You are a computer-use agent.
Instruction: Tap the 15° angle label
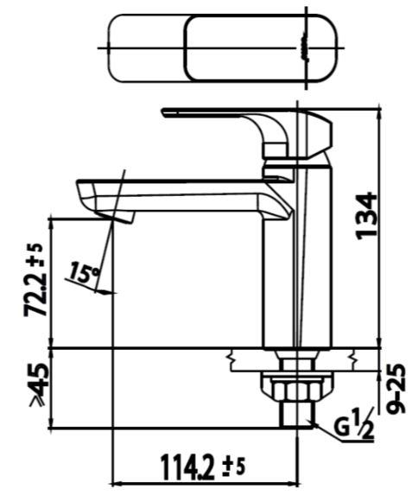click(83, 275)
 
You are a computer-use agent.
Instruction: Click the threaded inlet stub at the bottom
click(299, 414)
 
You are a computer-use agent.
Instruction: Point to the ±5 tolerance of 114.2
click(234, 467)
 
